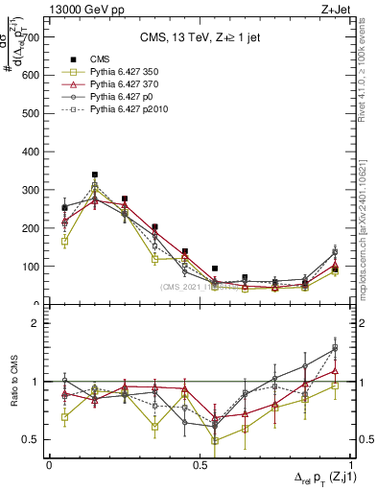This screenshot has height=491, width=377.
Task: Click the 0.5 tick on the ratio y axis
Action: coord(30,439)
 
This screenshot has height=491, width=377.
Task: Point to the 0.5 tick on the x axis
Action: coord(200,464)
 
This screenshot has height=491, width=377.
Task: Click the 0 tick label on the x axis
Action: coord(49,464)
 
